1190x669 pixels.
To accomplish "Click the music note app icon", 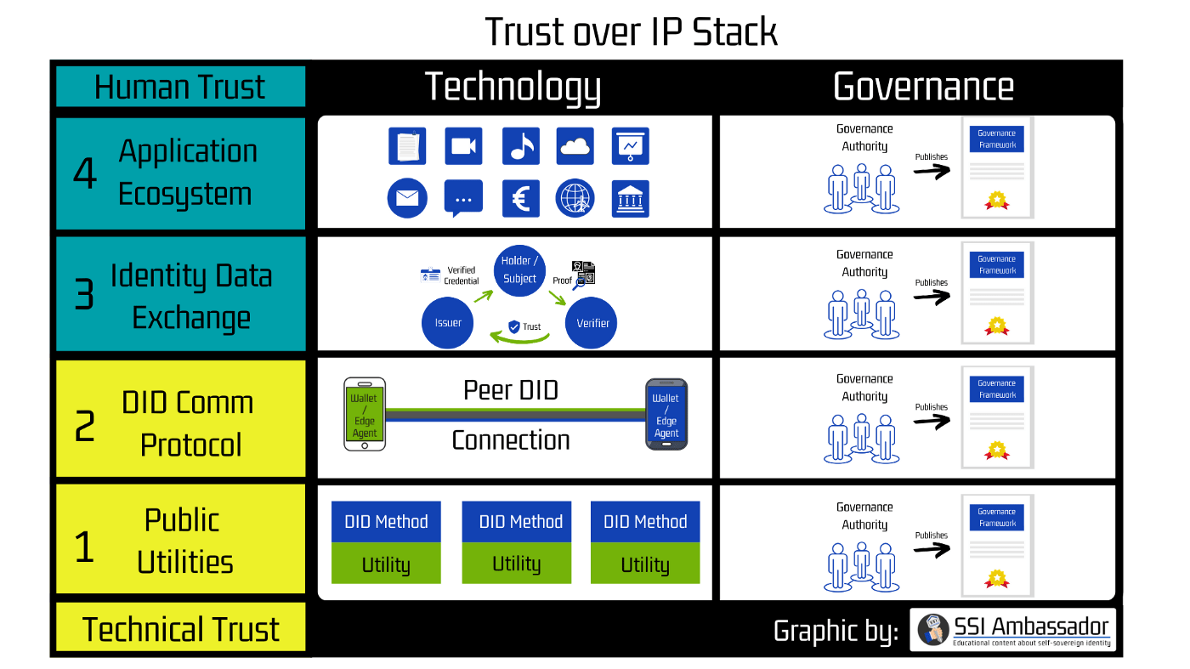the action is (x=520, y=146).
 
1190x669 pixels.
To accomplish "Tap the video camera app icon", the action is (x=463, y=146).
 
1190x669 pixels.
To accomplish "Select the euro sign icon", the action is (x=520, y=199).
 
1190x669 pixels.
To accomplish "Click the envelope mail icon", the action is (x=407, y=198).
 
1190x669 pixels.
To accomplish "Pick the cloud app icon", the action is (x=575, y=146).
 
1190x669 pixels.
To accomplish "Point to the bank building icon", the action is (x=630, y=199).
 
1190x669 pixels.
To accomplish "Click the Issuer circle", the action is (x=447, y=322).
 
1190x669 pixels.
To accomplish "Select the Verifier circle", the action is (x=591, y=322).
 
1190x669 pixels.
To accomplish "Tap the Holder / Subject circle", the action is (x=519, y=270).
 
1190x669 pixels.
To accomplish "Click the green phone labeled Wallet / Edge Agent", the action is (x=365, y=414).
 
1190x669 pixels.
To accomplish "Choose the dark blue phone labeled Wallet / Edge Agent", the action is (x=666, y=414).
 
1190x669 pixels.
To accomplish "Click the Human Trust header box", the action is (x=180, y=87).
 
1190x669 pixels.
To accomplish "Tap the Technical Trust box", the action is (x=180, y=627).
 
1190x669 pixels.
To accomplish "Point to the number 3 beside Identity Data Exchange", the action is (x=84, y=294).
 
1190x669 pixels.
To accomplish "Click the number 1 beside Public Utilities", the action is (x=84, y=547).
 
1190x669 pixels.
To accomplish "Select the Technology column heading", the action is (x=513, y=88).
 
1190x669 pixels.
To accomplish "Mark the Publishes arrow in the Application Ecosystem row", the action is (x=932, y=171).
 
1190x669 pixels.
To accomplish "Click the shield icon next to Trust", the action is (x=513, y=326).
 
